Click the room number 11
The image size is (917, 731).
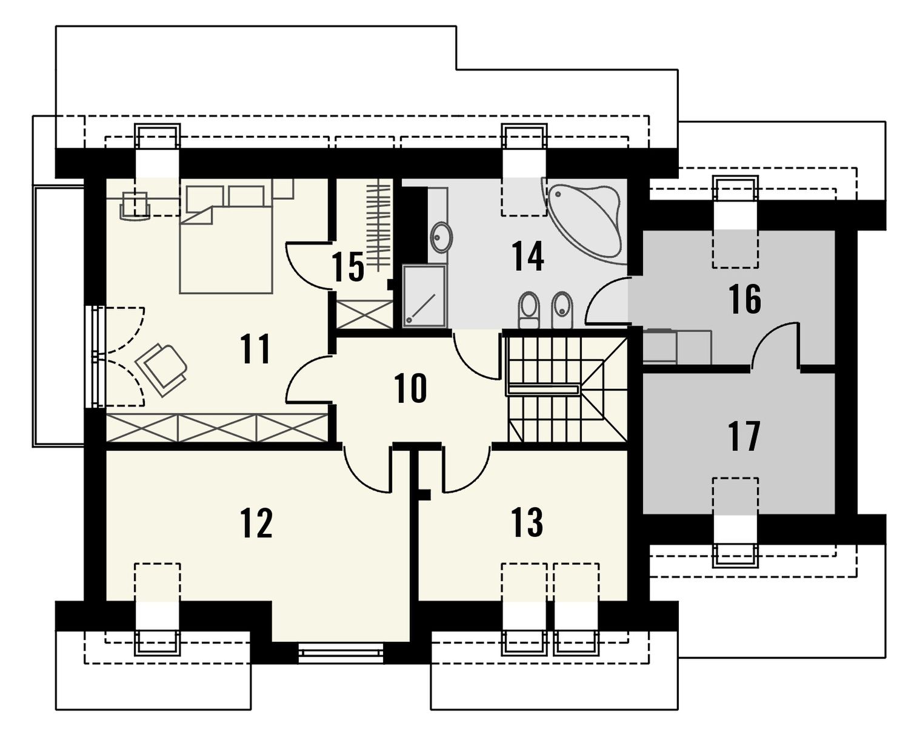[x=256, y=348]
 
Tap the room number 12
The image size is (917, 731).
[x=256, y=523]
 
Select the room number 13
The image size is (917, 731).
[x=528, y=522]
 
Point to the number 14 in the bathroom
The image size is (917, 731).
[x=528, y=256]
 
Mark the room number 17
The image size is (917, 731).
[x=744, y=436]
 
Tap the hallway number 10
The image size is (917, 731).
[x=410, y=388]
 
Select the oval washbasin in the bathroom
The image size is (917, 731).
[x=441, y=237]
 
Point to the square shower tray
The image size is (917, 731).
[x=424, y=296]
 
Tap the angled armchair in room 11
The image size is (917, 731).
[x=161, y=369]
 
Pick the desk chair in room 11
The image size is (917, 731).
[x=135, y=206]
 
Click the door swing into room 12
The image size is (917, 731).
[x=367, y=470]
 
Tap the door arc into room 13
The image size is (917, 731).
[x=465, y=470]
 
